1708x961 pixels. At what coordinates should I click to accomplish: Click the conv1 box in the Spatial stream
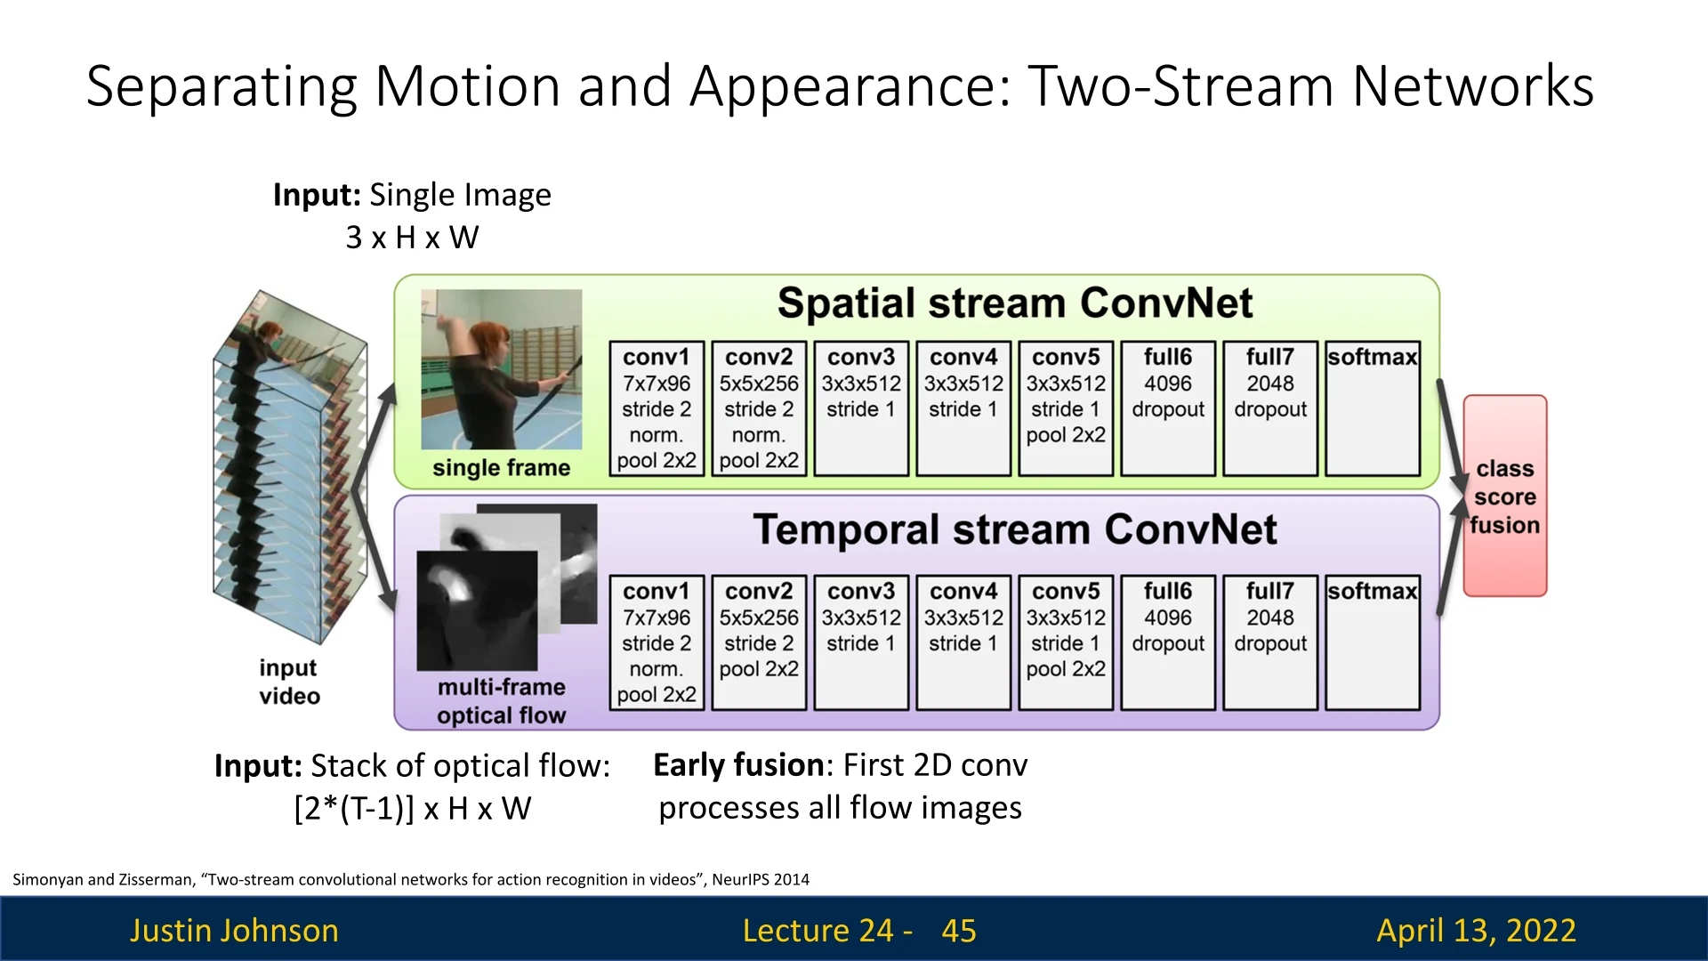pos(657,408)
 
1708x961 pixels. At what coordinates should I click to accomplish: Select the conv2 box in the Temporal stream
pos(759,642)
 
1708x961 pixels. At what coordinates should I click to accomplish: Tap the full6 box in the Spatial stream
pos(1168,408)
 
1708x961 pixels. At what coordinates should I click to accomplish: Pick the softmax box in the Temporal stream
pos(1373,642)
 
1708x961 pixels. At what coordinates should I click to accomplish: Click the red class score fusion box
pos(1505,496)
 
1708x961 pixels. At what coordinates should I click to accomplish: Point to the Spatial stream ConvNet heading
pos(1015,303)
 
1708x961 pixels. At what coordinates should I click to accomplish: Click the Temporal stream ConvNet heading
pos(1015,529)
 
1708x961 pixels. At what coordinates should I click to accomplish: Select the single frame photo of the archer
pos(502,369)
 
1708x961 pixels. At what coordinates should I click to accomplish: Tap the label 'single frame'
pos(502,468)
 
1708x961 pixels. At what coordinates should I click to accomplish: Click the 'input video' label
pos(289,682)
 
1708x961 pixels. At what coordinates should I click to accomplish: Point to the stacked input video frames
pos(290,467)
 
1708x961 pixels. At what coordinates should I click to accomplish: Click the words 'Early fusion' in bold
pos(738,765)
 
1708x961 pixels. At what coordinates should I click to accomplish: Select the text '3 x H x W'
pos(413,238)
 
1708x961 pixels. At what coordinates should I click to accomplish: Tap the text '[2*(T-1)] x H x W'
pos(413,809)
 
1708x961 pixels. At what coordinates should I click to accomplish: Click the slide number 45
pos(959,931)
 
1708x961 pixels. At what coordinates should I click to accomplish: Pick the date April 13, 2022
pos(1477,931)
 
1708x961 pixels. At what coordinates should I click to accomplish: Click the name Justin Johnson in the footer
pos(234,931)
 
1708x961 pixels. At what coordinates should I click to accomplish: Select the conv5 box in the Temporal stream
pos(1066,642)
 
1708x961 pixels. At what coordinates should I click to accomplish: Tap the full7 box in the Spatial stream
pos(1270,408)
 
